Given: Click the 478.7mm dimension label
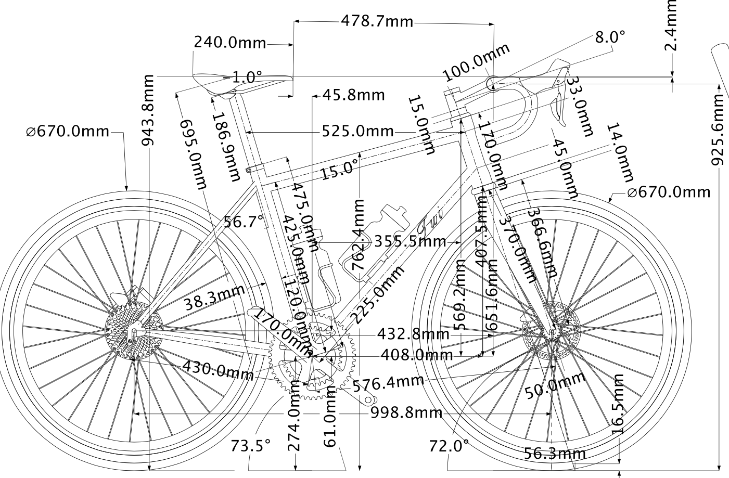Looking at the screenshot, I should pos(377,22).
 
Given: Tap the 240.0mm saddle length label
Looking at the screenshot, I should pos(229,42).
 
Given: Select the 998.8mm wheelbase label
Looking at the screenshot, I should pos(406,413).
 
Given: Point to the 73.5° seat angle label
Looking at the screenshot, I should pos(251,446).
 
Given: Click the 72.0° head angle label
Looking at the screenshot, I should pos(449,446).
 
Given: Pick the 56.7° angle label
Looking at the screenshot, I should pos(244,222).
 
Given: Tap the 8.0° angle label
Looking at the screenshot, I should pos(610,37).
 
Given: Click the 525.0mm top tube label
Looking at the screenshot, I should pos(357,131).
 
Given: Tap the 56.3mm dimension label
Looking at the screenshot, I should pos(555,454).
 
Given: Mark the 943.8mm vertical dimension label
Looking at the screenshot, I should pos(148,110).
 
